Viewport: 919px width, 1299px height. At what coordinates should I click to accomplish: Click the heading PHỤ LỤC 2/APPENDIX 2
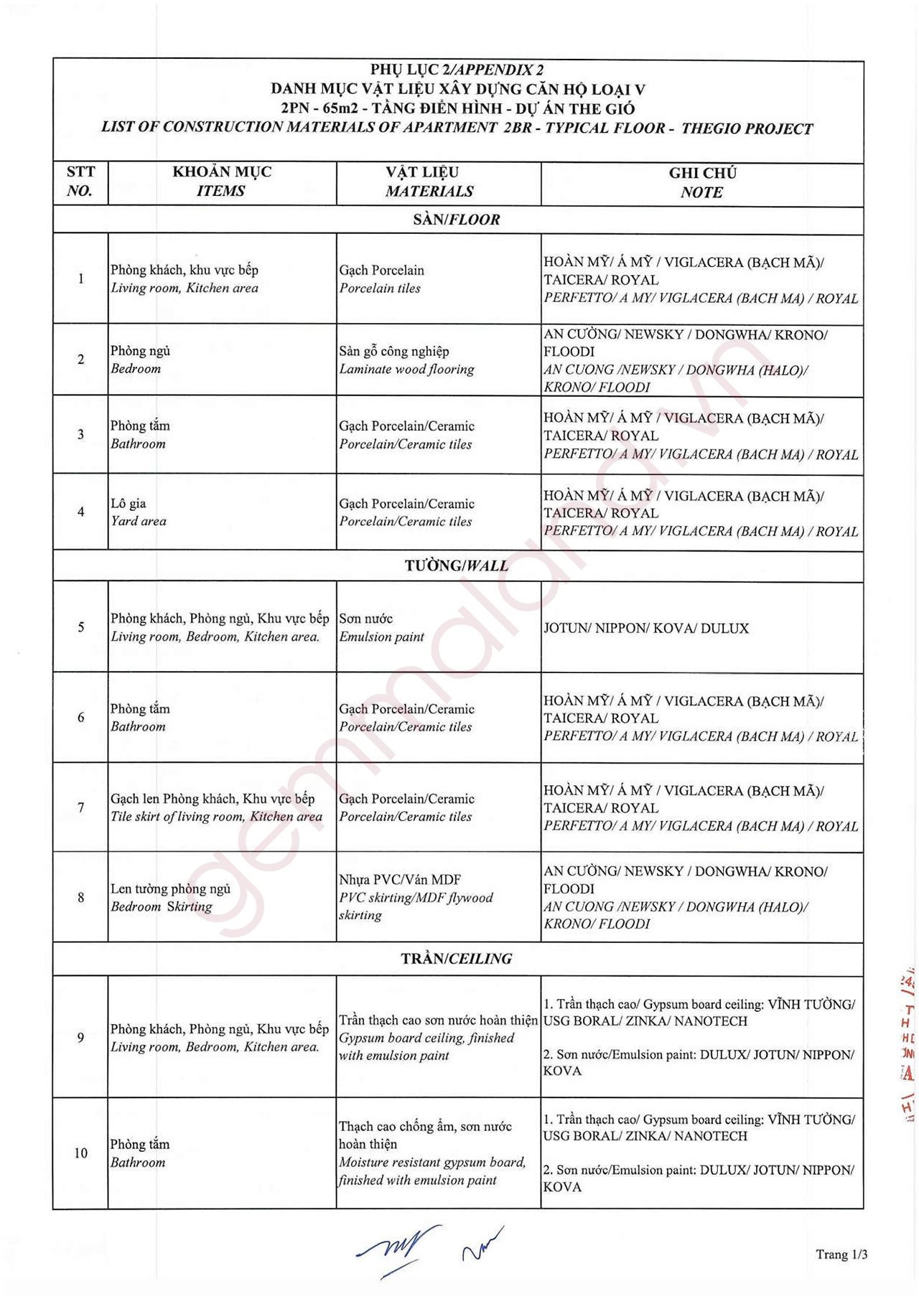pos(457,70)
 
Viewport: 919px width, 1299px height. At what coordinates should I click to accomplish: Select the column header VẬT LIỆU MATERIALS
pos(429,182)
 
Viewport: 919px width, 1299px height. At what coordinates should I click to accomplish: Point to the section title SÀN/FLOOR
pos(457,220)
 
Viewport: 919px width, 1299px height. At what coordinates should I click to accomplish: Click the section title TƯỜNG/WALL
pos(457,566)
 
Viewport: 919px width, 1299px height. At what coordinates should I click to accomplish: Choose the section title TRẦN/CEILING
pos(457,958)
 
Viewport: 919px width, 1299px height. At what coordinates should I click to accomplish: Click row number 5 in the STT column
pos(80,627)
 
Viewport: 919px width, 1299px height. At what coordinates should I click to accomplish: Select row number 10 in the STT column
pos(80,1153)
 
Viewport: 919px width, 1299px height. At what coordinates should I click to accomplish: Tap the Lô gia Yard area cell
pos(139,512)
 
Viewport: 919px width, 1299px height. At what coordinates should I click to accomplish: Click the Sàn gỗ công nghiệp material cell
pos(406,360)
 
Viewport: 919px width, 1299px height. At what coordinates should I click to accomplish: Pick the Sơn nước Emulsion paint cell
pos(381,627)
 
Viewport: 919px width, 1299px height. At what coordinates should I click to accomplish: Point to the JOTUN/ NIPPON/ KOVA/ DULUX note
pos(646,628)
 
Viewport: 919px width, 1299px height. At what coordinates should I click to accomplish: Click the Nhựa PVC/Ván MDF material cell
pos(416,897)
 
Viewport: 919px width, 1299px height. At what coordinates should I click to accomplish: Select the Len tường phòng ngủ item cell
pos(170,897)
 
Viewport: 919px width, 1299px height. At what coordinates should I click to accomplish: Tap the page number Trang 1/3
pos(841,1255)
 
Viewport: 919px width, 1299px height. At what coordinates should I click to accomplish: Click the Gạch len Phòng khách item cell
pos(215,807)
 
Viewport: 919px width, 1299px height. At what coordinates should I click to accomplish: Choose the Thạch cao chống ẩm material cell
pos(431,1153)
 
